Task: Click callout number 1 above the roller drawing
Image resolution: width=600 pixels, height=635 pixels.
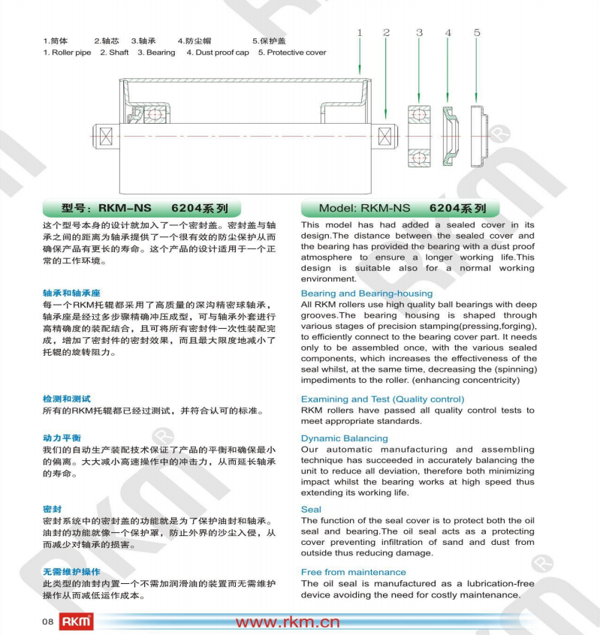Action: [x=360, y=33]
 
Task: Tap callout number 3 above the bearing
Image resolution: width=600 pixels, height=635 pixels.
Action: [x=419, y=33]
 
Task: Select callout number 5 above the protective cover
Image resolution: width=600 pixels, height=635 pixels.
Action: [x=477, y=33]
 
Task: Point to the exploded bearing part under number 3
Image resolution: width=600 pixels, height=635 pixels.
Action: [x=419, y=137]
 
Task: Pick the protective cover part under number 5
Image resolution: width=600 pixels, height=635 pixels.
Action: [x=478, y=137]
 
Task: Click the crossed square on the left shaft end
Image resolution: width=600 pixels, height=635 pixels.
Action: [x=105, y=137]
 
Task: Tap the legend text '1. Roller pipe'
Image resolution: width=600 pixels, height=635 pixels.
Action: [x=67, y=53]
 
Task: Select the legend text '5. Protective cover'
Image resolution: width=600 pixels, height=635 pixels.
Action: [x=292, y=53]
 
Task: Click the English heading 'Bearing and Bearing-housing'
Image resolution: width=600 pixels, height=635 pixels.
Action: [x=366, y=293]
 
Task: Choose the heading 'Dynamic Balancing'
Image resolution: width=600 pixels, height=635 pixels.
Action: [x=345, y=438]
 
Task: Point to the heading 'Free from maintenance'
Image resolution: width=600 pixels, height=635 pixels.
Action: [x=353, y=572]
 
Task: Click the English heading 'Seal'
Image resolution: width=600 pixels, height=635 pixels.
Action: [x=311, y=509]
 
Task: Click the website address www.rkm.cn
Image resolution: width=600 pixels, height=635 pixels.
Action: [x=288, y=621]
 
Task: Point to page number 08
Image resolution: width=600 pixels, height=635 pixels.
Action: [x=47, y=621]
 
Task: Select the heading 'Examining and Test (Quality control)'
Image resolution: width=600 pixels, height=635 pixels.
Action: [x=382, y=399]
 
